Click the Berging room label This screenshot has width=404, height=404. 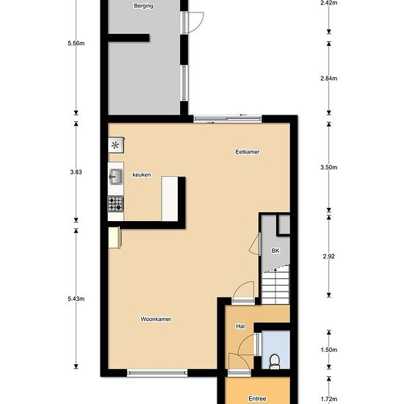tap(144, 6)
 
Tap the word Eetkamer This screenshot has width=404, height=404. tap(248, 152)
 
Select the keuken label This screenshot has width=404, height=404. tap(142, 175)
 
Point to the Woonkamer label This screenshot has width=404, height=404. tap(156, 319)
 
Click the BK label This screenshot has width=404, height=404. tap(275, 250)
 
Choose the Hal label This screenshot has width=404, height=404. tap(240, 326)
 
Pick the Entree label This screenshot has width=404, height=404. tap(257, 399)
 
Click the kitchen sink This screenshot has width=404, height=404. tap(116, 177)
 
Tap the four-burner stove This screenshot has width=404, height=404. tap(115, 203)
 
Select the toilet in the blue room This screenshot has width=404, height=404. tap(275, 361)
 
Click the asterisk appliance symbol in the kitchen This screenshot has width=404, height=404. tap(115, 145)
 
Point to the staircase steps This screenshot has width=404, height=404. tap(275, 285)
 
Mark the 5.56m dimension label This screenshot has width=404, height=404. tap(76, 43)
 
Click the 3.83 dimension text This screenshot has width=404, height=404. tap(76, 172)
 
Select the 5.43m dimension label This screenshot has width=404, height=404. tap(76, 299)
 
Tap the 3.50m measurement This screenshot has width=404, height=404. tap(329, 167)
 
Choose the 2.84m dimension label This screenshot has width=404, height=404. tap(329, 79)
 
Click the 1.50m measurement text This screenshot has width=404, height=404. tap(329, 350)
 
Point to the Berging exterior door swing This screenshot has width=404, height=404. tap(196, 23)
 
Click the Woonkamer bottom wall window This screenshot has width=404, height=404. tap(157, 373)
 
